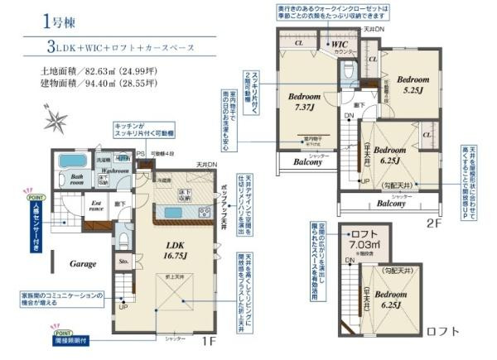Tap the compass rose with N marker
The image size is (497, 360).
click(x=56, y=122)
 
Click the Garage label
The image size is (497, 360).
click(x=84, y=263)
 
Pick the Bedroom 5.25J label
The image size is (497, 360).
click(x=412, y=86)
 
